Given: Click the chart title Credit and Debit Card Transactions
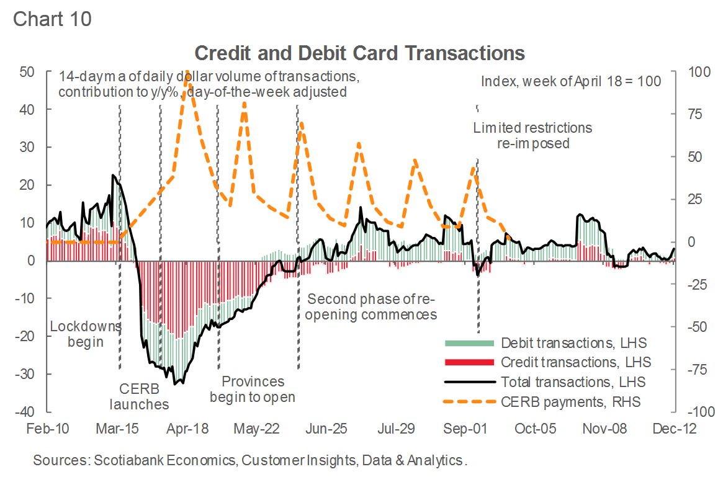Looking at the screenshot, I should (x=360, y=53).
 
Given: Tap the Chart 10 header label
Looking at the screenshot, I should (x=52, y=19).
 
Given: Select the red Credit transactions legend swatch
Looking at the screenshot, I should (x=469, y=362).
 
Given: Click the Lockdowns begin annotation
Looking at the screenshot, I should (x=85, y=334).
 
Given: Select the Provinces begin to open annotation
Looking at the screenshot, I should (x=252, y=389).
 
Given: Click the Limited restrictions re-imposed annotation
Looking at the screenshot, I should (x=532, y=135).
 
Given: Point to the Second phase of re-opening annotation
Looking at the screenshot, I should (x=372, y=306).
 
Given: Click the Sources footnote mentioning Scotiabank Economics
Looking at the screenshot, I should (x=249, y=460).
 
